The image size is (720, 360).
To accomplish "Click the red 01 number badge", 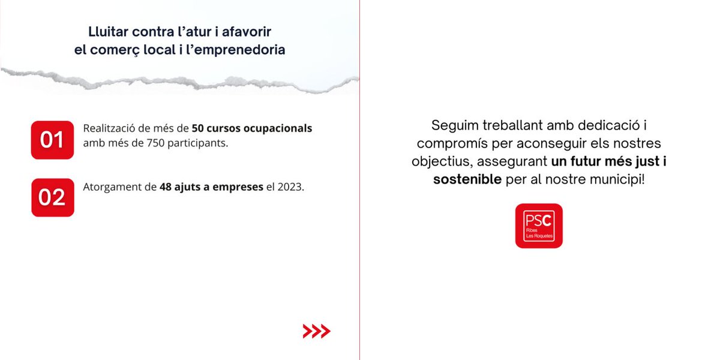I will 52,140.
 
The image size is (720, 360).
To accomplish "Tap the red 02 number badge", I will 52,197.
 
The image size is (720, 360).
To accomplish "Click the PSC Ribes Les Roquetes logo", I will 539,226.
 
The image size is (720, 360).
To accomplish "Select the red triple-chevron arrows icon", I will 316,331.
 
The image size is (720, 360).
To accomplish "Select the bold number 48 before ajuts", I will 166,187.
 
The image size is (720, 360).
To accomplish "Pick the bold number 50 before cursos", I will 197,128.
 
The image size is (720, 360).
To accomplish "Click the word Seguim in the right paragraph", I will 452,126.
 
